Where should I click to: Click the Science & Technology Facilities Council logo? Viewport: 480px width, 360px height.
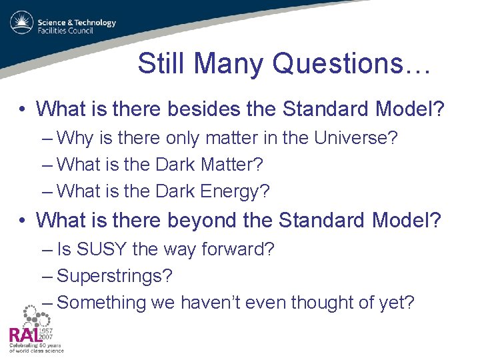click(x=63, y=26)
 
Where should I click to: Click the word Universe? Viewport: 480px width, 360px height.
click(x=354, y=138)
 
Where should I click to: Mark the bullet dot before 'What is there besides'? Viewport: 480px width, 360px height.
click(x=23, y=109)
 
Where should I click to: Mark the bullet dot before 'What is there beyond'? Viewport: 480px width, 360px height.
click(x=23, y=220)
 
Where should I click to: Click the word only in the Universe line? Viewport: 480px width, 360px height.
click(x=183, y=138)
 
